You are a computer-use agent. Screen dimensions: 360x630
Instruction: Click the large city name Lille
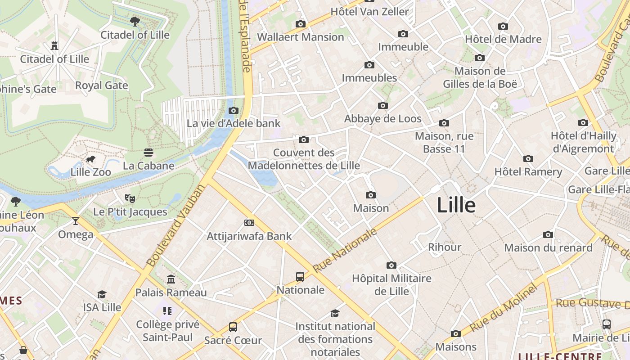click(456, 205)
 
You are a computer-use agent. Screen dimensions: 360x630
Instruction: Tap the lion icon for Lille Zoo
click(90, 159)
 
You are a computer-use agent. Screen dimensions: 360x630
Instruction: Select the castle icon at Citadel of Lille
click(54, 45)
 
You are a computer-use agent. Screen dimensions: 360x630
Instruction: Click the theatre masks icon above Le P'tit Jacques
click(130, 198)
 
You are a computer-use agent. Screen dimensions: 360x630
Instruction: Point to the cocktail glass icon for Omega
click(75, 220)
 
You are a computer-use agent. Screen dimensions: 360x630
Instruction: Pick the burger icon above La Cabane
click(148, 152)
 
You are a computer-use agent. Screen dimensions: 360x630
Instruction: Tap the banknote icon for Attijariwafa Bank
click(249, 222)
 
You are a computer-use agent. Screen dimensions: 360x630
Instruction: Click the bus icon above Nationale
click(300, 276)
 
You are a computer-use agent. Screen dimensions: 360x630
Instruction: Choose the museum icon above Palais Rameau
click(171, 279)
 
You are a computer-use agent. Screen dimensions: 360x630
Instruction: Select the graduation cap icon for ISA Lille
click(102, 294)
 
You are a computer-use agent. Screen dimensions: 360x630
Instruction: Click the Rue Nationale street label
click(345, 250)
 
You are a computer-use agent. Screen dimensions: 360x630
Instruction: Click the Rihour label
click(445, 247)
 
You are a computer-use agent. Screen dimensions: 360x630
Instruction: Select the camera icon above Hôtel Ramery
click(528, 158)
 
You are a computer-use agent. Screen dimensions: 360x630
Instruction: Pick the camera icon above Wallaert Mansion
click(301, 24)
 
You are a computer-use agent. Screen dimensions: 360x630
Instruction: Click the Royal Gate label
click(102, 85)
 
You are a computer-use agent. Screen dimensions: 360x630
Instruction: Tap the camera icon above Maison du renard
click(548, 234)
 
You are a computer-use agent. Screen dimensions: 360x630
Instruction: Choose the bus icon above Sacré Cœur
click(233, 327)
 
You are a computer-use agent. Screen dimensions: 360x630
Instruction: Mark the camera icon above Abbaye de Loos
click(383, 105)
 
